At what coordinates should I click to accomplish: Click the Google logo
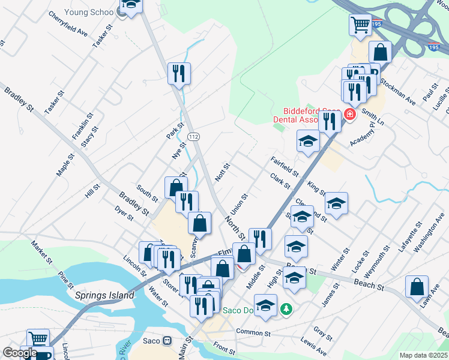click(20, 353)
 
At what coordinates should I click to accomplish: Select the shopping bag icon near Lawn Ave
click(417, 287)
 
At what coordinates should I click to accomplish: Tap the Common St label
click(254, 332)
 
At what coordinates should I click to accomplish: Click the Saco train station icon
click(168, 341)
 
